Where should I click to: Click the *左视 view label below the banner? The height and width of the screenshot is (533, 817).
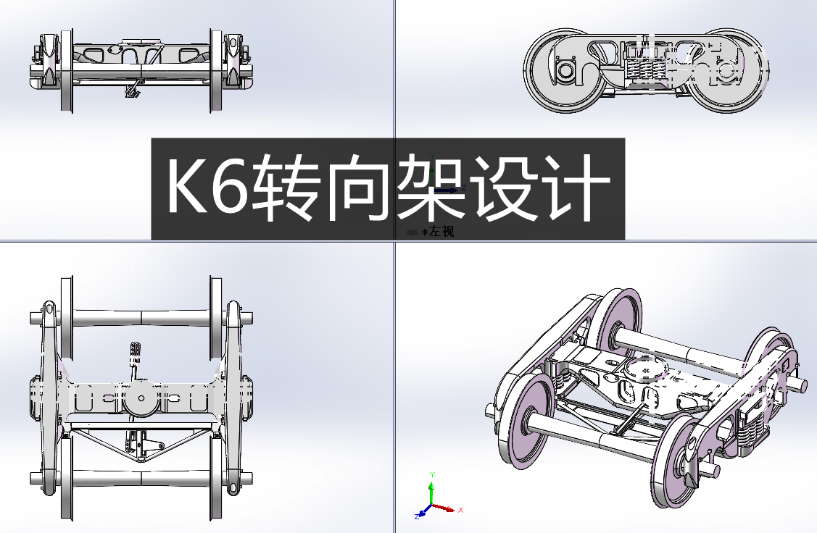[x=436, y=232]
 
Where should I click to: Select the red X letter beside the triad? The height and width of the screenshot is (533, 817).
[x=461, y=510]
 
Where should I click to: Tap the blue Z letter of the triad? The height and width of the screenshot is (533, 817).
[x=418, y=516]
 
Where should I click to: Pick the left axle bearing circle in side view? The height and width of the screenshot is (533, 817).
[x=564, y=71]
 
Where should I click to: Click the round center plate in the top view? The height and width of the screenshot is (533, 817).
[x=141, y=398]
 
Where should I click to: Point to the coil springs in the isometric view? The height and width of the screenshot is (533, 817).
[x=750, y=424]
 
